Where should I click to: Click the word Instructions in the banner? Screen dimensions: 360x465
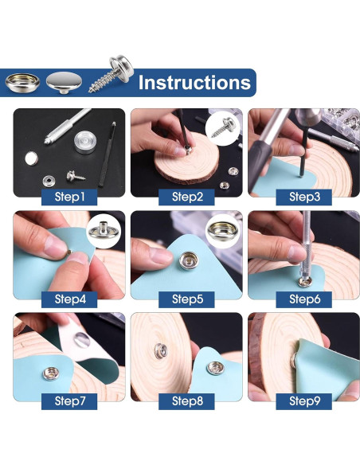point(194,83)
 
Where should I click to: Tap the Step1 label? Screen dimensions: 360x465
point(69,197)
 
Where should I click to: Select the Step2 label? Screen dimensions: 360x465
point(187,197)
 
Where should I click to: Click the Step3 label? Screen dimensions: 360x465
point(304,197)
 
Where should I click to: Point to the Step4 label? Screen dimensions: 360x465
point(69,299)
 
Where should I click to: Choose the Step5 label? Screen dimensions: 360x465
point(187,299)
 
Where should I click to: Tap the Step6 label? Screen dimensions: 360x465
point(304,299)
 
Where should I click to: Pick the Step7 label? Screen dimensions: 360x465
point(69,401)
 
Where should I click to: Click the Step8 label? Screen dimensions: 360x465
point(187,401)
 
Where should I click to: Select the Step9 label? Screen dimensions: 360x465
point(304,401)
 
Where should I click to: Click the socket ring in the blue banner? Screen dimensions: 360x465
point(22,82)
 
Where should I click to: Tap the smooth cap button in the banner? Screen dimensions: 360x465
point(64,83)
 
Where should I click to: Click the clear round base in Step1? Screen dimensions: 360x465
point(85,142)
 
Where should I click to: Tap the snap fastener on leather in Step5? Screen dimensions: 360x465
point(189,260)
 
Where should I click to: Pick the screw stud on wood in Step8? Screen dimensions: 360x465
point(161,351)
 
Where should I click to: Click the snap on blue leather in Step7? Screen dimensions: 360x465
point(51,373)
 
